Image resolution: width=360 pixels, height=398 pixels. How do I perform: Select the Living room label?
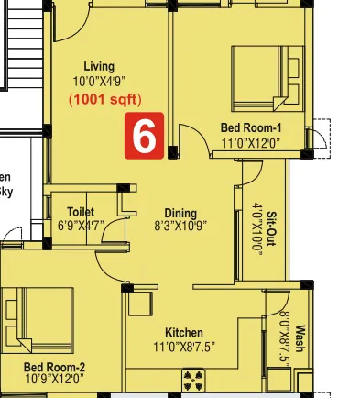click(x=99, y=66)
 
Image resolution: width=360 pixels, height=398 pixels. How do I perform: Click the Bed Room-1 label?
click(x=249, y=128)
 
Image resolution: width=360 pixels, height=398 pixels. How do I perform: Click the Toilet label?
click(x=81, y=211)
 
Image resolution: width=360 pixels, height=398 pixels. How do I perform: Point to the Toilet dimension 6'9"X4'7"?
click(x=82, y=226)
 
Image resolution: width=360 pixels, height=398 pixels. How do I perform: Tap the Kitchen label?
click(x=184, y=332)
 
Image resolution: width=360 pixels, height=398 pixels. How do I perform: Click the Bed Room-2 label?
click(x=54, y=365)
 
